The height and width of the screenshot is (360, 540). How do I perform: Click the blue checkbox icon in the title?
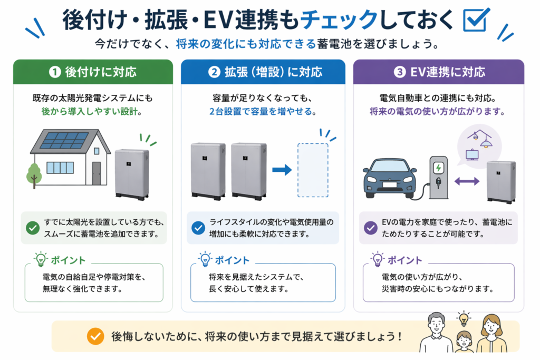476,20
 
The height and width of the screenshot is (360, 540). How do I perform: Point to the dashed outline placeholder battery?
313,170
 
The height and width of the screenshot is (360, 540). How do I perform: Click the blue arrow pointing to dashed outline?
282,170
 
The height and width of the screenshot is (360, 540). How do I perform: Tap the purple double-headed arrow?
467,181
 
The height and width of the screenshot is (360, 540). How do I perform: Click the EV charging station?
438,177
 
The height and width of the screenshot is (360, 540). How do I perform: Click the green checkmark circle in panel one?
33,228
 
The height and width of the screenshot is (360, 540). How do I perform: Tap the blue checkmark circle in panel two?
198,228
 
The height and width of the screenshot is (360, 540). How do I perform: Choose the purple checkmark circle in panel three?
371,228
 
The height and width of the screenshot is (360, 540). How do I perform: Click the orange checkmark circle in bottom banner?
95,336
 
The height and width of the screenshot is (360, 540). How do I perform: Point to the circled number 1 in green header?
54,72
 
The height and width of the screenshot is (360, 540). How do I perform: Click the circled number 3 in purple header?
400,72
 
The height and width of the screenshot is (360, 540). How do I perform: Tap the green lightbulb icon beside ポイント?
40,259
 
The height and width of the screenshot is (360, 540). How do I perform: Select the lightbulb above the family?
464,318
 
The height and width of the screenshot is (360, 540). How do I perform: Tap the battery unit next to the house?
131,174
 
